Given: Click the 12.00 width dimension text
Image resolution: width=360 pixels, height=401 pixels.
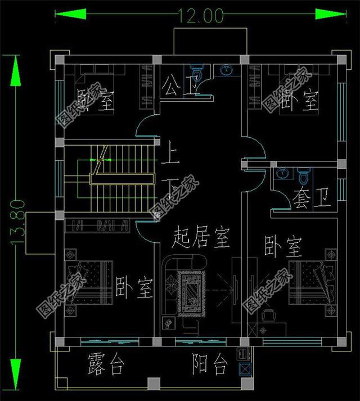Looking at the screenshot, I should coord(202,15).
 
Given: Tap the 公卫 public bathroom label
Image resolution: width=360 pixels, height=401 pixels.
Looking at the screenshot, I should coord(175,87).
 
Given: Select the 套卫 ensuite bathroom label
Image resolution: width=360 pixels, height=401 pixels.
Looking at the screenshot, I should coord(307,198).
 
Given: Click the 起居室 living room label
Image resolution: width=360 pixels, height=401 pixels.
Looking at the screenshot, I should coord(201,238).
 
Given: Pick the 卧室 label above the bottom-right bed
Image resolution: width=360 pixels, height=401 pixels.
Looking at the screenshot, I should coord(283,246).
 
